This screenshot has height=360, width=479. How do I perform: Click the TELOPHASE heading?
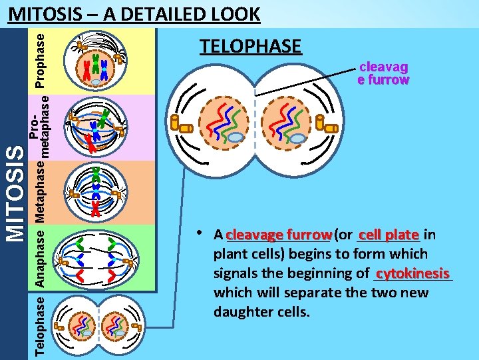coord(251,46)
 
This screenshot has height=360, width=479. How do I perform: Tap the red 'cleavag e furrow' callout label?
coord(383,73)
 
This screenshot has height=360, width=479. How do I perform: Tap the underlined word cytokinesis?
coord(412,273)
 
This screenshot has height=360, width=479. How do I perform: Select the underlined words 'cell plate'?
coord(389,235)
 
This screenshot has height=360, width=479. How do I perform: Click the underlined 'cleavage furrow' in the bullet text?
coord(278,235)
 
